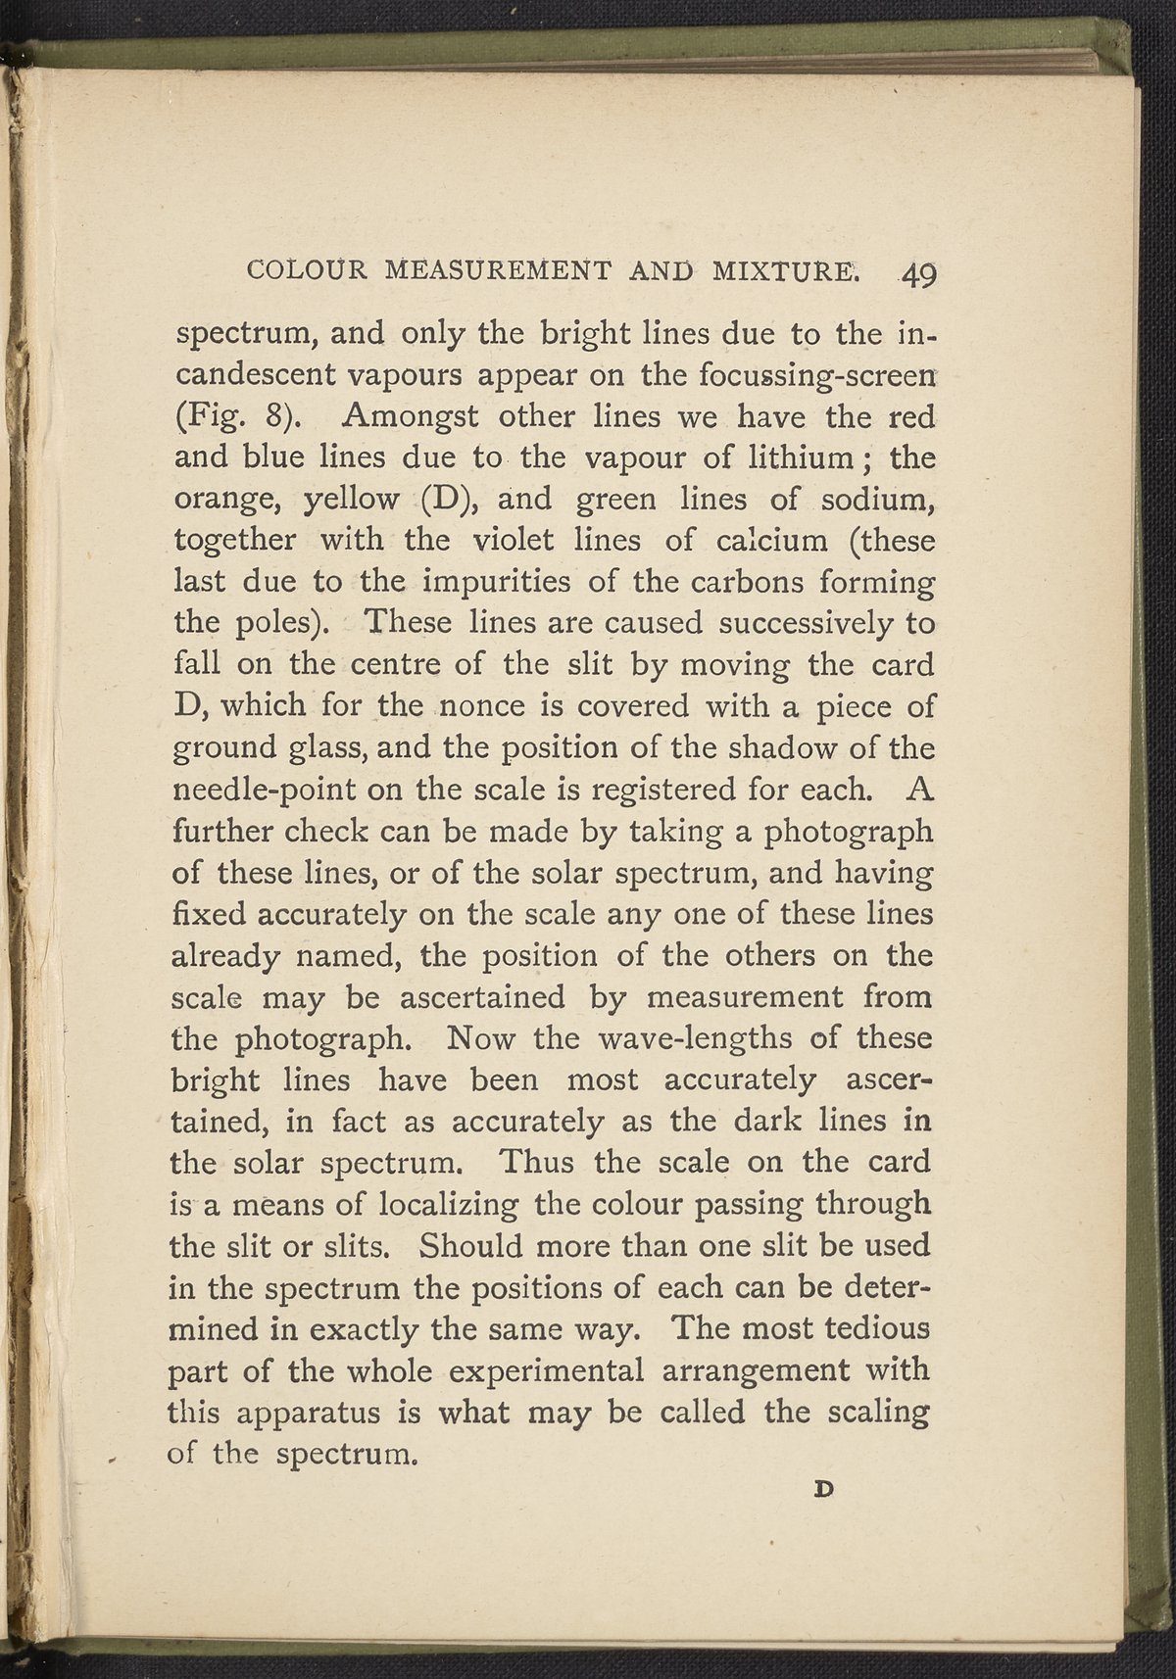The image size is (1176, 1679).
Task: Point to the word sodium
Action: (x=878, y=500)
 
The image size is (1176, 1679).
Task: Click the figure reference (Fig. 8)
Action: (x=235, y=417)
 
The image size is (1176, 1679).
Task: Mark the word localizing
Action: (x=443, y=1205)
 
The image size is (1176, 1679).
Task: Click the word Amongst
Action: (x=411, y=417)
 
